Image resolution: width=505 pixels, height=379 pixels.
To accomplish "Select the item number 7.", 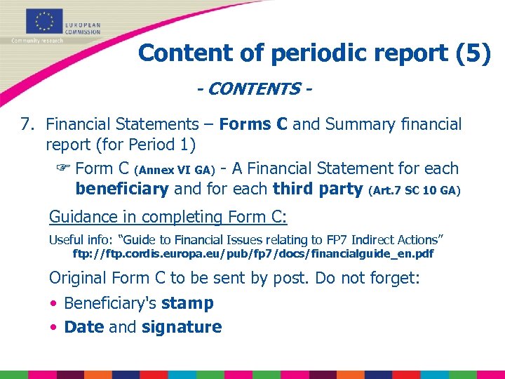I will click(x=27, y=125).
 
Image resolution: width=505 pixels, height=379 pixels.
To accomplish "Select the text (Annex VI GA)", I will click(x=174, y=170).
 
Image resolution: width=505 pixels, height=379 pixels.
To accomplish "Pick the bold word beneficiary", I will click(x=121, y=189).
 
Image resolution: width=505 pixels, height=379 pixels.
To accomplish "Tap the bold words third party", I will click(x=318, y=189).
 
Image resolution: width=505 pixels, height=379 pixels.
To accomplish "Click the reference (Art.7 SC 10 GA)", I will click(x=414, y=190).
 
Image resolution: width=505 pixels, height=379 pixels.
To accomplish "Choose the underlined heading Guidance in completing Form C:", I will click(x=169, y=217).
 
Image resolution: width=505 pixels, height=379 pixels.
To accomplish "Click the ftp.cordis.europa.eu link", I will click(x=253, y=253).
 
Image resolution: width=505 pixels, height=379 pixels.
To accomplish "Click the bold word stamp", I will click(x=187, y=303).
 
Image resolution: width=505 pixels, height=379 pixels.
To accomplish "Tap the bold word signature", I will click(x=182, y=327).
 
